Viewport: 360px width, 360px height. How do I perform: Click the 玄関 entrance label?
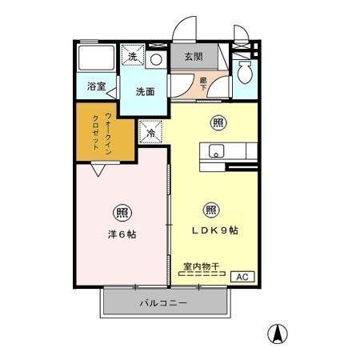[x=192, y=57]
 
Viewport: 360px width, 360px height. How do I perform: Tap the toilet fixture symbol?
[x=246, y=74]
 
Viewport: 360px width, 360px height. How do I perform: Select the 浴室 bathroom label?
[x=97, y=86]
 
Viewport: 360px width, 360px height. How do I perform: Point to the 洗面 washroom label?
[x=144, y=91]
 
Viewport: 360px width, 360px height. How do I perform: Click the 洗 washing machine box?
[x=133, y=56]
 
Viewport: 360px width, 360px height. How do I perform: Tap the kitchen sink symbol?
[x=215, y=150]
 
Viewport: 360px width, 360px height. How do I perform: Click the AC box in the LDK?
[x=242, y=276]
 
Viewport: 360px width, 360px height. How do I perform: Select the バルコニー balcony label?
[x=163, y=304]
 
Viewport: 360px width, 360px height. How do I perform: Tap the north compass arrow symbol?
[x=277, y=334]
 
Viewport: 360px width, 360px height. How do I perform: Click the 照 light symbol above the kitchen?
[x=216, y=122]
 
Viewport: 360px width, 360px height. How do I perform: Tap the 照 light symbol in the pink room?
[x=122, y=213]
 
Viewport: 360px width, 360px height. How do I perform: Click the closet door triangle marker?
[x=98, y=170]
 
